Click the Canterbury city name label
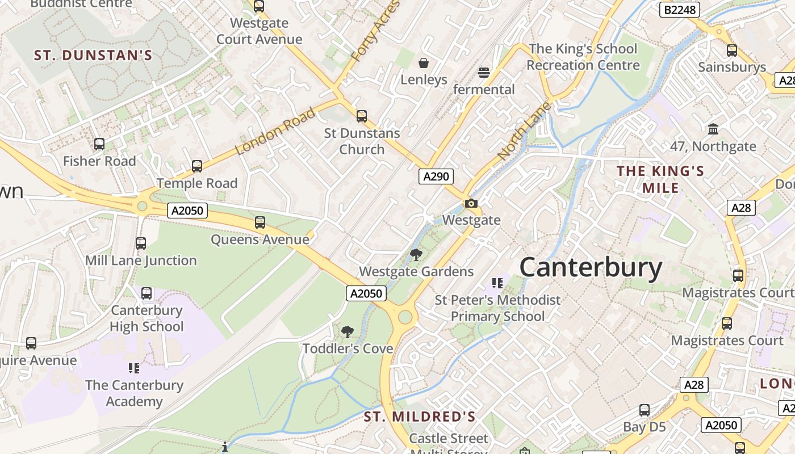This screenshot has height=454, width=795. pos(591,267)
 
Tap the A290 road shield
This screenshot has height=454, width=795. pos(436,176)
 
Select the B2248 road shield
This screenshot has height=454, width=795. pos(680,10)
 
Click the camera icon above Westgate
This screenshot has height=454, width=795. pos(471,203)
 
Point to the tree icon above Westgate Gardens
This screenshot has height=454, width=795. pos(416,255)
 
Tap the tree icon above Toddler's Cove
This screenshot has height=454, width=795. pos(347,332)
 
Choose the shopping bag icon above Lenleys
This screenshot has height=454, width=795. pos(424,62)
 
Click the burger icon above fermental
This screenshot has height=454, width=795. pos(484,73)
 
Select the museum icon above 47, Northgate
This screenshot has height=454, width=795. pos(713,129)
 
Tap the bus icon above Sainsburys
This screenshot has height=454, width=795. pos(732,50)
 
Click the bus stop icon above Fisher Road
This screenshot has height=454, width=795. pos(99,144)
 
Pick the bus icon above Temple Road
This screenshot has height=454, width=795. pos(197,166)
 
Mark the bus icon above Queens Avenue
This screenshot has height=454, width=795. pos(260,222)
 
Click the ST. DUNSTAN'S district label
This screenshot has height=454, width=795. pos(93,55)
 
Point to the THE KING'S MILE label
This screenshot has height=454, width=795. pos(660,179)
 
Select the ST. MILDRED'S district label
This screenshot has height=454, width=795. pos(420,417)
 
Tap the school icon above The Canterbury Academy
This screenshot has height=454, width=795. pos(134,368)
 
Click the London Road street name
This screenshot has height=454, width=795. pos(275,132)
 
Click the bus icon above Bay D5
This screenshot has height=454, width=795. pos(644,410)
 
